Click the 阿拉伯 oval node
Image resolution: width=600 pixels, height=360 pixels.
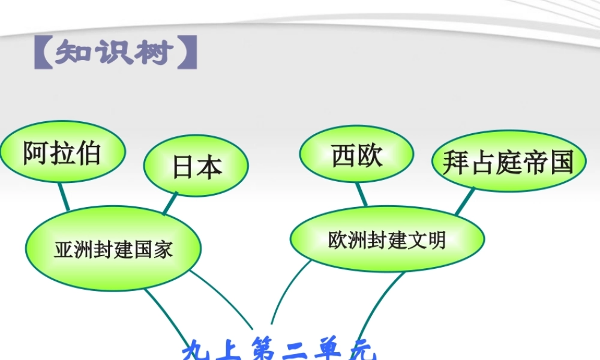coord(62,152)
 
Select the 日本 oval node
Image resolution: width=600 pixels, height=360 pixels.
coord(196,166)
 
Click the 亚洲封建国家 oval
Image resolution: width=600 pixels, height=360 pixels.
coord(113,248)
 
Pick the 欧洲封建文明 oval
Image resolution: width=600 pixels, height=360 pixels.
coord(387,239)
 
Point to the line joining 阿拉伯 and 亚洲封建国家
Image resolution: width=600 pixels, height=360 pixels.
coord(64,196)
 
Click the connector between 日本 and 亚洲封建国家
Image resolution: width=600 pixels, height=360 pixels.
coord(170,203)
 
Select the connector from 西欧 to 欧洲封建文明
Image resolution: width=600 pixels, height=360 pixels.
coord(361,194)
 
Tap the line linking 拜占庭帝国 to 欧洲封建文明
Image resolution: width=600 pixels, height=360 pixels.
coord(464,202)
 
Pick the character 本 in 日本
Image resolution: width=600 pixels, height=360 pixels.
coord(209,167)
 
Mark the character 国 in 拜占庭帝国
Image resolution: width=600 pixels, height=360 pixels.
coord(562,162)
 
